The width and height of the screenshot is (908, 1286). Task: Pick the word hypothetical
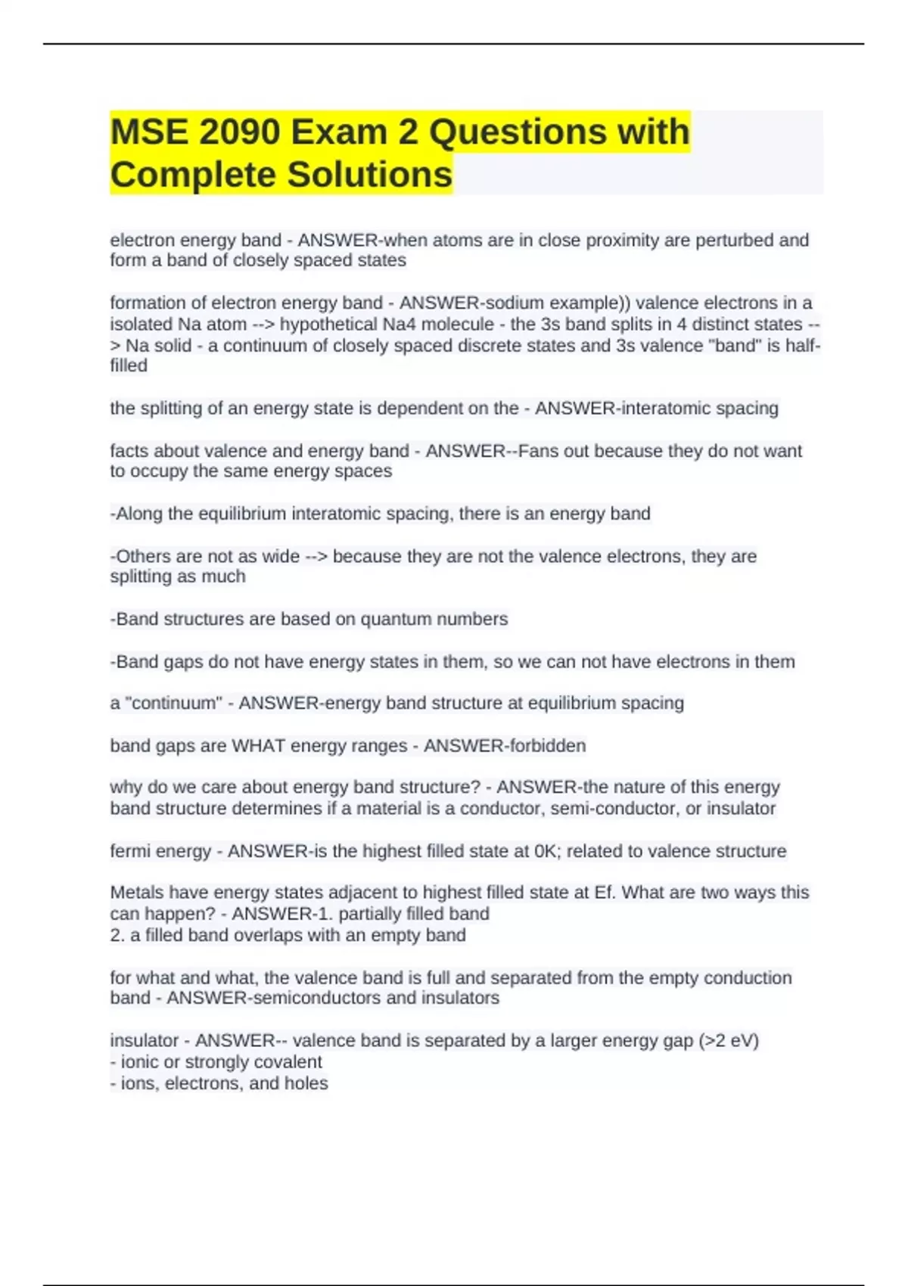pos(333,325)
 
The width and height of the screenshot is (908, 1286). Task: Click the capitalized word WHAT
pos(258,746)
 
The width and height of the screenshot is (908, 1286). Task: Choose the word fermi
pos(130,851)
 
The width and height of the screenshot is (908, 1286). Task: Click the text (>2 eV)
pos(729,1041)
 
